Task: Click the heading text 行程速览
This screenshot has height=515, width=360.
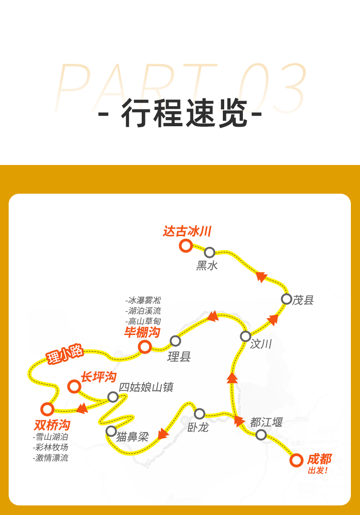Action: (x=180, y=113)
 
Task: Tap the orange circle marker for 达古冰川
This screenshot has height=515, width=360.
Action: (x=185, y=246)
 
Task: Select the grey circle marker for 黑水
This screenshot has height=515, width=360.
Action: (x=210, y=252)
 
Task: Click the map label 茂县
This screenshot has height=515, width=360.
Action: (x=303, y=300)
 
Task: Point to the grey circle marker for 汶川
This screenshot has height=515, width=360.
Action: (x=246, y=336)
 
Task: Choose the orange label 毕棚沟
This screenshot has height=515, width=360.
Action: (x=142, y=332)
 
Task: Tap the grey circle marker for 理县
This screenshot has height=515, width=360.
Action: (x=175, y=340)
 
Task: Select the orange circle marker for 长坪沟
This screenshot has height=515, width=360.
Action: (x=74, y=386)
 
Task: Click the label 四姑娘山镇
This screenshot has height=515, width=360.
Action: (x=146, y=387)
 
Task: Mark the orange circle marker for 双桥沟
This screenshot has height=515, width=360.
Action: (x=47, y=409)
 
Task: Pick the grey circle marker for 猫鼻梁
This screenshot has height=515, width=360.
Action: (x=111, y=431)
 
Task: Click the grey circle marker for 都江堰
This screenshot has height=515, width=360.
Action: (x=261, y=434)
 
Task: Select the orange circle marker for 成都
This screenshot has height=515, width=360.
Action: (x=296, y=460)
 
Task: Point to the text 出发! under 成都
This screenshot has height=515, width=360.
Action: (x=318, y=471)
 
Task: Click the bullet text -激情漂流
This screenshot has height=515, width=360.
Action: (x=51, y=458)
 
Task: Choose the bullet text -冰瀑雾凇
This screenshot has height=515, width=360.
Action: (x=143, y=301)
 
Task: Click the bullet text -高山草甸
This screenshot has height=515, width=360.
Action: (x=143, y=321)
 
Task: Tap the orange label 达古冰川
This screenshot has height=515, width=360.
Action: (x=187, y=231)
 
